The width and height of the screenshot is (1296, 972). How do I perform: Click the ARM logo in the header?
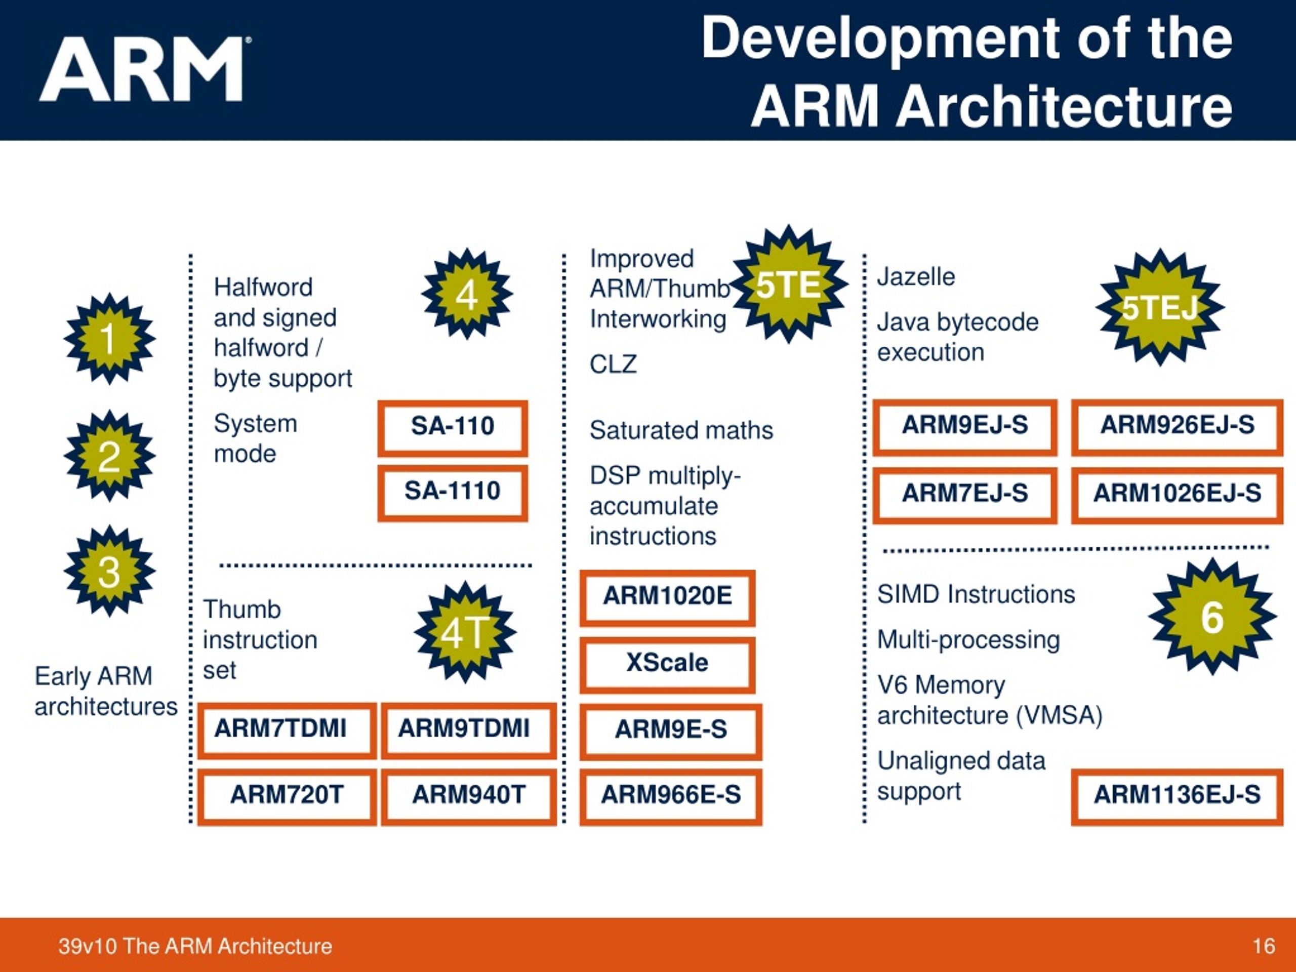click(144, 69)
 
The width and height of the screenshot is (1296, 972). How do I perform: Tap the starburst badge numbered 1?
click(109, 339)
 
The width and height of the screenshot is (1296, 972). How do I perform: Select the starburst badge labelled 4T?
click(465, 632)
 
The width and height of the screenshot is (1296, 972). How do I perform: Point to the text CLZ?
click(613, 364)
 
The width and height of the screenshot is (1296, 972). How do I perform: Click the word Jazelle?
click(916, 276)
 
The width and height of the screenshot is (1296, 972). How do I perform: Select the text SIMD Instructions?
click(976, 594)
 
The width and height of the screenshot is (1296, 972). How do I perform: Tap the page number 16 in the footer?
click(1264, 946)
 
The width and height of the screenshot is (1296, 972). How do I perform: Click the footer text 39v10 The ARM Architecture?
click(195, 946)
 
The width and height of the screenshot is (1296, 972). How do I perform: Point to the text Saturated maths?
click(681, 430)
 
